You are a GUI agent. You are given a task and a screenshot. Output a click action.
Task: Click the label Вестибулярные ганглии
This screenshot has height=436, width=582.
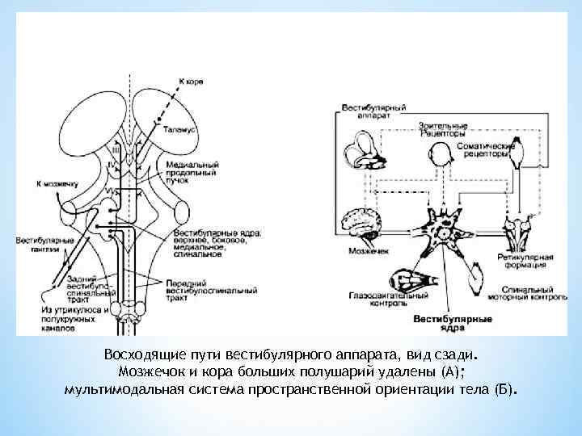37,245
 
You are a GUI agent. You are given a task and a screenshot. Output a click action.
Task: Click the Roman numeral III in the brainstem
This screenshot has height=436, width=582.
116,150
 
